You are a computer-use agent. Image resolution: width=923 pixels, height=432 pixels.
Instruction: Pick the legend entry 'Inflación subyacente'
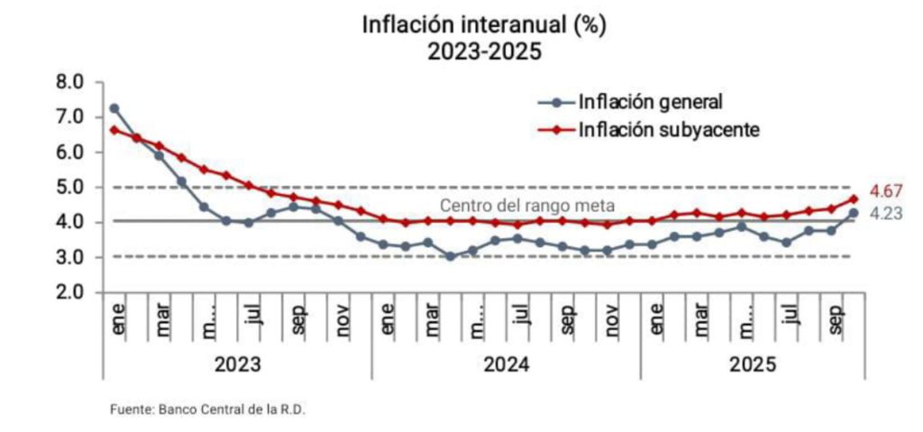(x=669, y=130)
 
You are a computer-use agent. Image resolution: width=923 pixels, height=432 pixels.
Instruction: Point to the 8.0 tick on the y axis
(x=70, y=82)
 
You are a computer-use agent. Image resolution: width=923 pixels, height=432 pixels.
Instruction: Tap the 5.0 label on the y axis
(x=70, y=188)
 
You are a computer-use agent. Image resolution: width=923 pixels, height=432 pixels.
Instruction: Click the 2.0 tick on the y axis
(x=70, y=293)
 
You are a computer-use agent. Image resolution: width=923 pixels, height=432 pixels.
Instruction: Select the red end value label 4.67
(x=886, y=192)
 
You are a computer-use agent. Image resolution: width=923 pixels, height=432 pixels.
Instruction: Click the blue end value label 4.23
(x=886, y=214)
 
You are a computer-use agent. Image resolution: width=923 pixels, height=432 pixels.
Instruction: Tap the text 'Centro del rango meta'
(x=521, y=206)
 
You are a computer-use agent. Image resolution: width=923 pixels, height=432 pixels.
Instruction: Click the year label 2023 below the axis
(x=238, y=365)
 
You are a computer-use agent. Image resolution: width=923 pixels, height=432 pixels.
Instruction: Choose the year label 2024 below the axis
(x=507, y=365)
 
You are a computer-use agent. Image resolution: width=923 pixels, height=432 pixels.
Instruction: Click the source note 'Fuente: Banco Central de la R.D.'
(x=208, y=409)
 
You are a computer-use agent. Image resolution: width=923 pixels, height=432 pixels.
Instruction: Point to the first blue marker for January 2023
(x=114, y=108)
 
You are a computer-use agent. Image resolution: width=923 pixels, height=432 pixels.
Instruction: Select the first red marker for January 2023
(x=114, y=130)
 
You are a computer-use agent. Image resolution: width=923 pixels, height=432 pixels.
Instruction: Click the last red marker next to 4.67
(x=853, y=199)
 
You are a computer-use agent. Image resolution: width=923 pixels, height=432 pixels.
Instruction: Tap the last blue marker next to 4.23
(x=853, y=214)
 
